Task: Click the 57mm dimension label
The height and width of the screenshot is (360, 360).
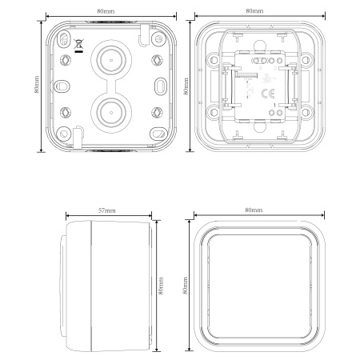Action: coord(107,210)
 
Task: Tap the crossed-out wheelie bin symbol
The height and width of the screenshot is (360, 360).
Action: coord(78,46)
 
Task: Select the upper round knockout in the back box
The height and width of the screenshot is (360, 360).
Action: coord(111,60)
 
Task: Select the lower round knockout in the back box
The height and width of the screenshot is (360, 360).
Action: coord(111,112)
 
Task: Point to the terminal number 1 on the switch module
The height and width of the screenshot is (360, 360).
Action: coord(274,106)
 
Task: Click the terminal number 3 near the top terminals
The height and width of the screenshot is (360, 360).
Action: coord(260,68)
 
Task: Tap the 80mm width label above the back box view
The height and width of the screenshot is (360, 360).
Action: coord(106,11)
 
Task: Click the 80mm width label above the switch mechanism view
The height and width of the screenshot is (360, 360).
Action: coord(254,11)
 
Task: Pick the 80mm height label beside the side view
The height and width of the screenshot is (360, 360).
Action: coord(161,286)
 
